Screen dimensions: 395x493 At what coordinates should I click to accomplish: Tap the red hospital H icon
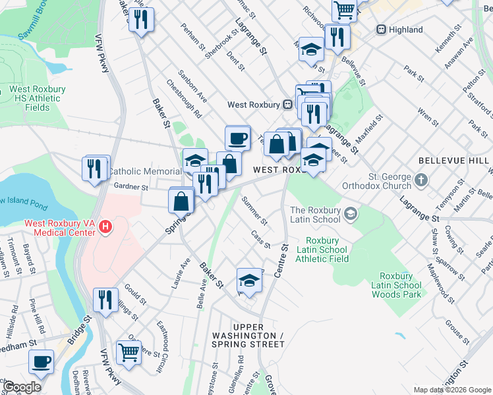coord(105,228)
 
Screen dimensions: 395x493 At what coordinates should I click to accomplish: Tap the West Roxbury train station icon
coord(287,105)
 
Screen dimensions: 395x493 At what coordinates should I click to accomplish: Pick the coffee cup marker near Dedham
coord(42,362)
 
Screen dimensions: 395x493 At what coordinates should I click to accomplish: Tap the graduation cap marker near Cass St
coord(248,280)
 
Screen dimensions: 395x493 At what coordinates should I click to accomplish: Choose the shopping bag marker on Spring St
coord(181,201)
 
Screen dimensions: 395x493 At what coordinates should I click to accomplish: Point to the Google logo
coord(21,387)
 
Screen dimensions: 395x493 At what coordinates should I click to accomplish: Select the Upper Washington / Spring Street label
coord(248,336)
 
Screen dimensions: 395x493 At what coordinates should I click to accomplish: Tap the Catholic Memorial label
coord(144,171)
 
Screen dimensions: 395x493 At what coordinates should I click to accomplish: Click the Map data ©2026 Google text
coord(451,390)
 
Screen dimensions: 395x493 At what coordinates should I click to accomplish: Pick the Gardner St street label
coord(130,187)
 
